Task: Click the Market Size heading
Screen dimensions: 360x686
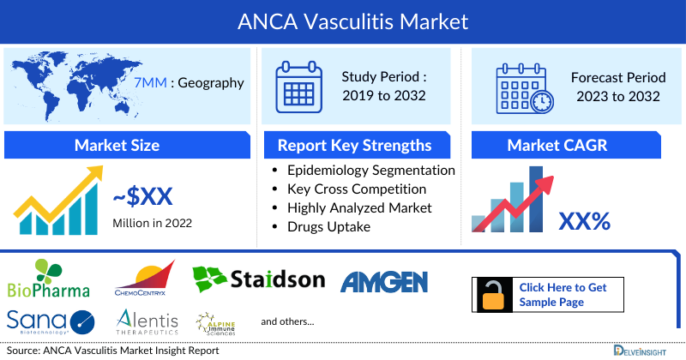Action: (117, 145)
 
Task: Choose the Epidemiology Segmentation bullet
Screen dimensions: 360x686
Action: (370, 170)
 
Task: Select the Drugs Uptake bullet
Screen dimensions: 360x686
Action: (330, 226)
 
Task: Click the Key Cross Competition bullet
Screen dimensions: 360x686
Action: (356, 189)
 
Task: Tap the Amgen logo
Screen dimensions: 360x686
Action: (384, 281)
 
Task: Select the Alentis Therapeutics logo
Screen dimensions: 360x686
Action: (147, 321)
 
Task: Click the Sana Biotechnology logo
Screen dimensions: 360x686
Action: (49, 321)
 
